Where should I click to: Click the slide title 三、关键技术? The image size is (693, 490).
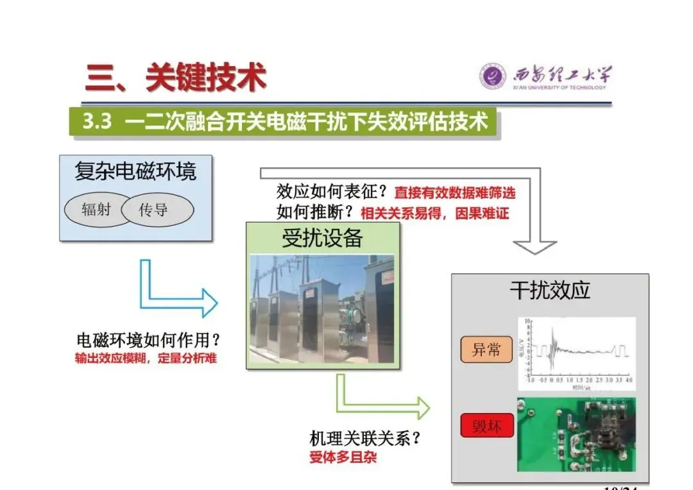[175, 78]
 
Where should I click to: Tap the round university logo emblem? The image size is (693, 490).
[492, 76]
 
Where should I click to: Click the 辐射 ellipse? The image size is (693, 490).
[96, 209]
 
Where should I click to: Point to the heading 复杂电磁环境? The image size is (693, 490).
[135, 171]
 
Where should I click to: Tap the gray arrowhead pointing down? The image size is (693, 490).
[535, 247]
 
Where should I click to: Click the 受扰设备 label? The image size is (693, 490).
[323, 238]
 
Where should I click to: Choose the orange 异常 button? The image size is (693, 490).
[486, 350]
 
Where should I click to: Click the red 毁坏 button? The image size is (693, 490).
[486, 426]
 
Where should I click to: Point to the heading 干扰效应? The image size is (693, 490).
[550, 291]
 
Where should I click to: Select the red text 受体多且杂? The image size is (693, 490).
[343, 457]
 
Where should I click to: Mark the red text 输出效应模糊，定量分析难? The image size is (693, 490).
[146, 359]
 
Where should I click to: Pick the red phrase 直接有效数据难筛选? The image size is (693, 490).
[454, 192]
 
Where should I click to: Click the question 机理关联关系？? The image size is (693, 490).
[365, 439]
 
